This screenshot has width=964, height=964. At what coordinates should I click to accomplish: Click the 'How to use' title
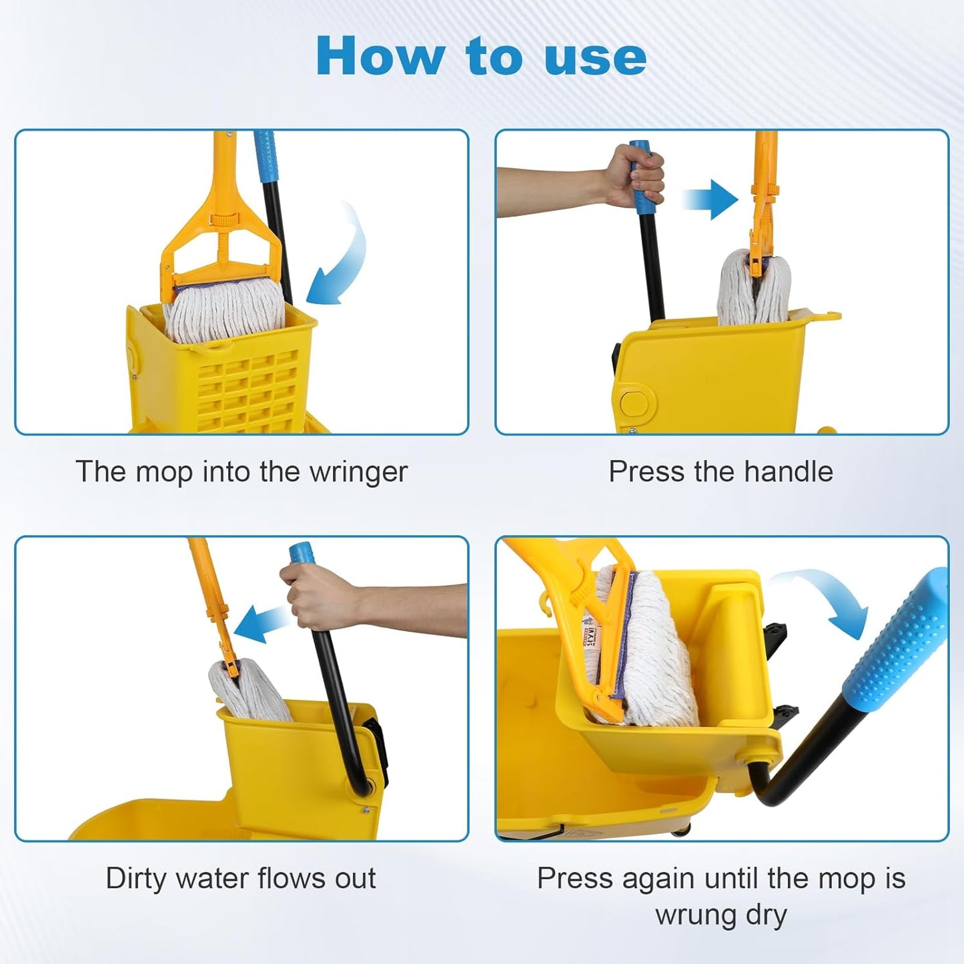pyautogui.click(x=481, y=57)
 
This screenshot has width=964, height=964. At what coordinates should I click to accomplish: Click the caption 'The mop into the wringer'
pyautogui.click(x=241, y=472)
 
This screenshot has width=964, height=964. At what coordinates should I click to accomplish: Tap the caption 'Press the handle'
pyautogui.click(x=720, y=472)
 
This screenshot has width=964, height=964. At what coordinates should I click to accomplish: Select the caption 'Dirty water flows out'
pyautogui.click(x=241, y=878)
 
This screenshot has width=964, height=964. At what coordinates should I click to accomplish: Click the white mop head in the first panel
pyautogui.click(x=223, y=310)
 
